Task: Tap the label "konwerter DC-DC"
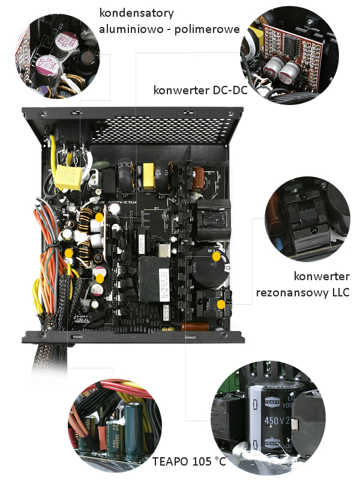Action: click(x=200, y=91)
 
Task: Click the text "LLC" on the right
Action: click(x=336, y=293)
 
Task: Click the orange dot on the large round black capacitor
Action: click(x=215, y=256)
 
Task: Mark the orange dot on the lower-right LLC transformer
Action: click(x=221, y=305)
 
